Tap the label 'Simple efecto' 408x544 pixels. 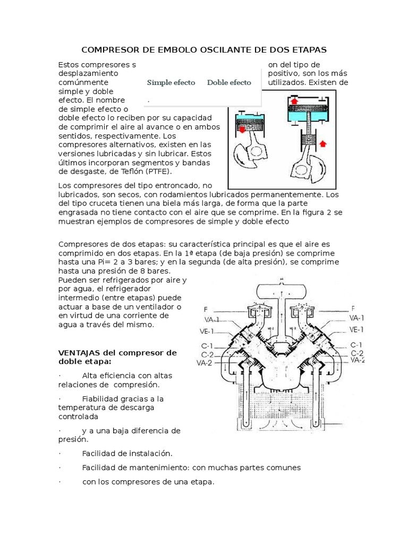tap(171, 82)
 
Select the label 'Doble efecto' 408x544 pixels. tap(229, 82)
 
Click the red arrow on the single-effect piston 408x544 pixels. tap(242, 129)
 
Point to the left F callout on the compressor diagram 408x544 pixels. tap(207, 309)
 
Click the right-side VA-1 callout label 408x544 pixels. tap(356, 318)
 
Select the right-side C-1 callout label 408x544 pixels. tap(356, 344)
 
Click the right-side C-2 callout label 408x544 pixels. tap(356, 353)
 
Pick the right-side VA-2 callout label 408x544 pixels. tap(357, 360)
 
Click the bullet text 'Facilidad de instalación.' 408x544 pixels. tap(127, 453)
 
